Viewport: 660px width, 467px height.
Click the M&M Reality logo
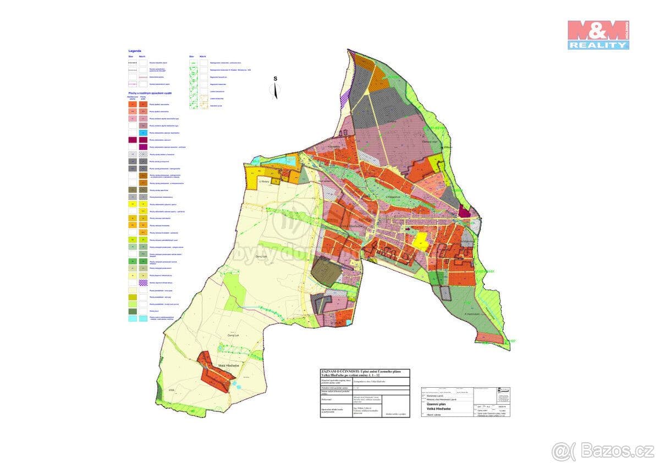[598, 35]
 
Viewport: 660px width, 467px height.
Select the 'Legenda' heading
[135, 51]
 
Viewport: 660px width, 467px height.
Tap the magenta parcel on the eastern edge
[465, 213]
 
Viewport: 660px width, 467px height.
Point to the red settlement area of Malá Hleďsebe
[215, 372]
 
